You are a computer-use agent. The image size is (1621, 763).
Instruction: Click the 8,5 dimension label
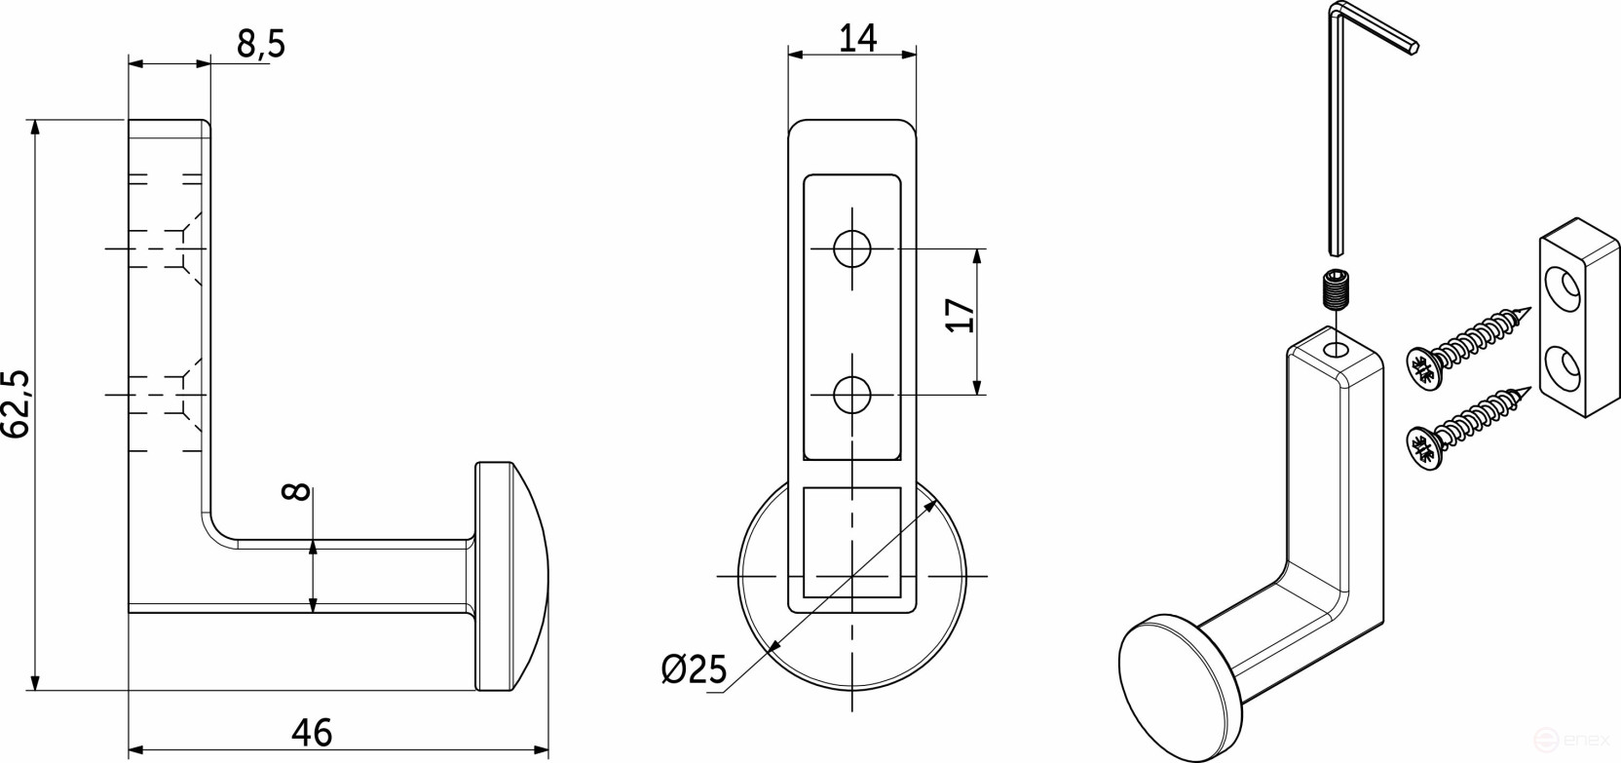(260, 44)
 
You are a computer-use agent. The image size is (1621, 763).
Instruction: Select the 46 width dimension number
(312, 732)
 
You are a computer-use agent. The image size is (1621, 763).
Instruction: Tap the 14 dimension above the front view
(857, 37)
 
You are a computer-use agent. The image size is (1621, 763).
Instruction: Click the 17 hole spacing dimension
(961, 315)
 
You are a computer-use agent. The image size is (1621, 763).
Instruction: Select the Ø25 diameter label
(694, 669)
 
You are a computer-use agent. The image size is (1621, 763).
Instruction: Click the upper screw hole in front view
(852, 248)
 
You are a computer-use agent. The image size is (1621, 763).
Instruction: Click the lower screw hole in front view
(852, 395)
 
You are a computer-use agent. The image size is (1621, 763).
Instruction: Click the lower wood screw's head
(1423, 447)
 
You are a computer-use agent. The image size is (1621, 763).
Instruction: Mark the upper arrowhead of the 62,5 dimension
(36, 128)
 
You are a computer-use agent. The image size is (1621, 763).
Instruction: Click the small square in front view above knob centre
(851, 542)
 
